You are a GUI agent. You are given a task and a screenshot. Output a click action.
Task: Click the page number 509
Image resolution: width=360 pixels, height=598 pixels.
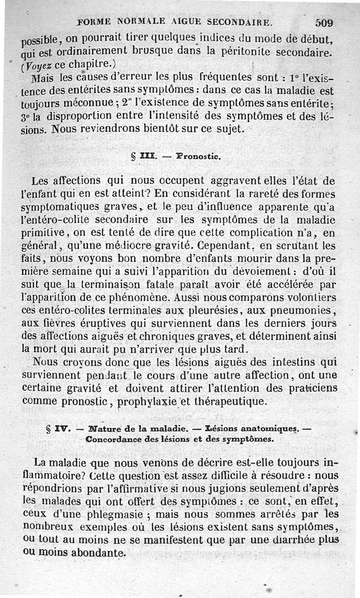(x=324, y=22)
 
